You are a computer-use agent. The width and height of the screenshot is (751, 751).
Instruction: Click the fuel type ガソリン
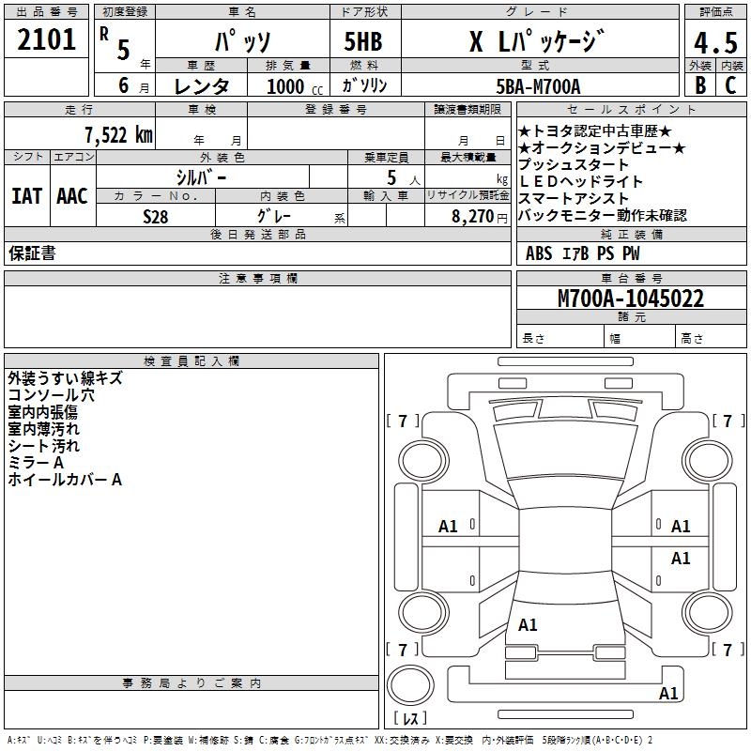pos(366,86)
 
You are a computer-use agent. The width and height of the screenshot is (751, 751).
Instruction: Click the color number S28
pos(156,216)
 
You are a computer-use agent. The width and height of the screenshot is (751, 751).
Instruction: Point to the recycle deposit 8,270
pos(471,216)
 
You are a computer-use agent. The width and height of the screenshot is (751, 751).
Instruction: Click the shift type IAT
pos(26,196)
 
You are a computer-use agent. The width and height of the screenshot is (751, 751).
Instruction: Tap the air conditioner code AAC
pos(71,196)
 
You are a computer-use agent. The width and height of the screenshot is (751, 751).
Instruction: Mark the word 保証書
pos(32,253)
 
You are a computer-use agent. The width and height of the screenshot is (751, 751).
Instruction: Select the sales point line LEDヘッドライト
pos(580,181)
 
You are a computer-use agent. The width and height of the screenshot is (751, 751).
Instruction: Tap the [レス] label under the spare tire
pos(409,719)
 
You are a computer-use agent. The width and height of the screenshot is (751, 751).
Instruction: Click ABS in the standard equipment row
pos(539,253)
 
